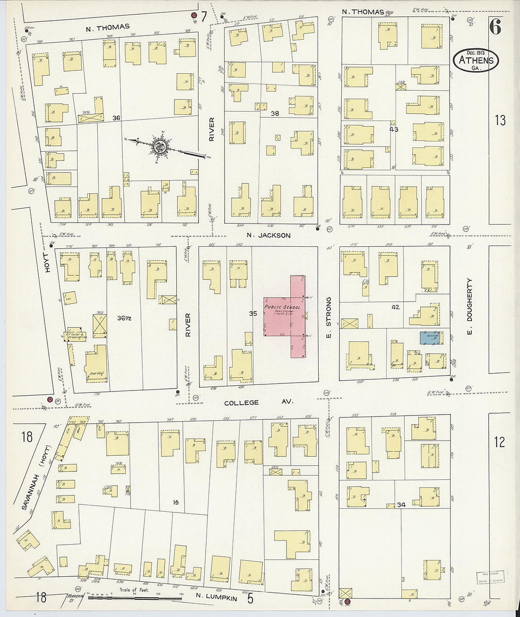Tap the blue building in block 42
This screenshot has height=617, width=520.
431,338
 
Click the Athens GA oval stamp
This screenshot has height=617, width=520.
476,61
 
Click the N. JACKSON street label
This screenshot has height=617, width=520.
269,235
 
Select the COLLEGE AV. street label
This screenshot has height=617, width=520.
259,402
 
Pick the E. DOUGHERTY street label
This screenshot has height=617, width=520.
469,306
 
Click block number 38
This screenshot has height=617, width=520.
275,114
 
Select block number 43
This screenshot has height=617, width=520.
394,129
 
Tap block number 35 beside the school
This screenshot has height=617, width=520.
253,313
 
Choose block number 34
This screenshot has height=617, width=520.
401,505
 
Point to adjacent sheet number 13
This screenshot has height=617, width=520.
500,120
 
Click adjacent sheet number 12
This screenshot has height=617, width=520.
499,442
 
